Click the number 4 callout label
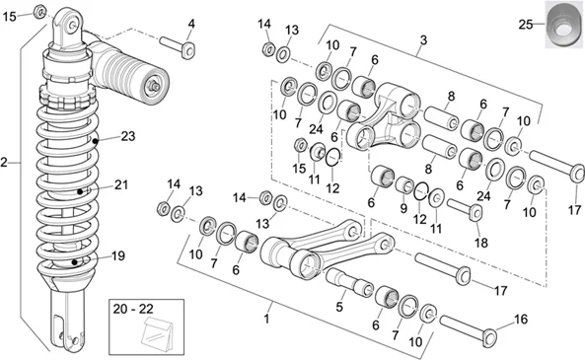click(x=191, y=25)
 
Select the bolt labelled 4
click(x=178, y=46)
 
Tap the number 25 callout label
click(x=526, y=25)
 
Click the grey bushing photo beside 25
click(x=564, y=25)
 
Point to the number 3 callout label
click(x=423, y=40)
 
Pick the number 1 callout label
click(x=266, y=320)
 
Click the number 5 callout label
click(x=338, y=307)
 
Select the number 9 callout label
click(x=403, y=208)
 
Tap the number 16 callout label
click(x=521, y=320)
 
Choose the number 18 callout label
click(x=480, y=243)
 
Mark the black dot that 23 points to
click(x=96, y=141)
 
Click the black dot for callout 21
click(x=80, y=191)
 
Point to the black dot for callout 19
click(x=75, y=262)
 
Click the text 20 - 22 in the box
click(x=133, y=309)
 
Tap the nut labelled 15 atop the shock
click(x=39, y=12)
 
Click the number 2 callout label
click(x=4, y=163)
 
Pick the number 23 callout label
click(x=127, y=136)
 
